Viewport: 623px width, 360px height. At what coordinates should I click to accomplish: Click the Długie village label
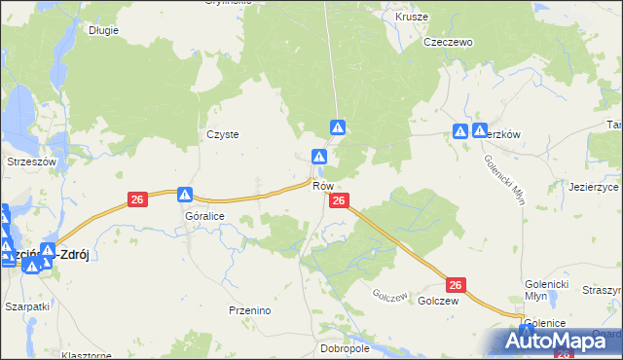click(102, 30)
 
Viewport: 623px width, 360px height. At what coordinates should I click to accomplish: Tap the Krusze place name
click(413, 17)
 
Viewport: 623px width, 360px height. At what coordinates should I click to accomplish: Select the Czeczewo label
click(447, 43)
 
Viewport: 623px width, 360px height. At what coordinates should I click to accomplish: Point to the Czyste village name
click(223, 135)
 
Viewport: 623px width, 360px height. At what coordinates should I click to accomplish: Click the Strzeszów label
click(33, 162)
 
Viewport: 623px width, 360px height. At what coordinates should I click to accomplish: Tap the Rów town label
click(324, 186)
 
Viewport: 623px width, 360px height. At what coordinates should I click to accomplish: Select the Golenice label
click(545, 323)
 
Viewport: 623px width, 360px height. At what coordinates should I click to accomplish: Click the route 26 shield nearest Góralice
click(137, 199)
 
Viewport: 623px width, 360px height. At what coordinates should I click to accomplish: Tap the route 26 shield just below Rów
click(339, 200)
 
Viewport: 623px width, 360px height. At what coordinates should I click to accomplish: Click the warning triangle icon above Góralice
click(185, 195)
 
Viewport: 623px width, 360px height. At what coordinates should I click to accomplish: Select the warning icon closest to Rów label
click(318, 157)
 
